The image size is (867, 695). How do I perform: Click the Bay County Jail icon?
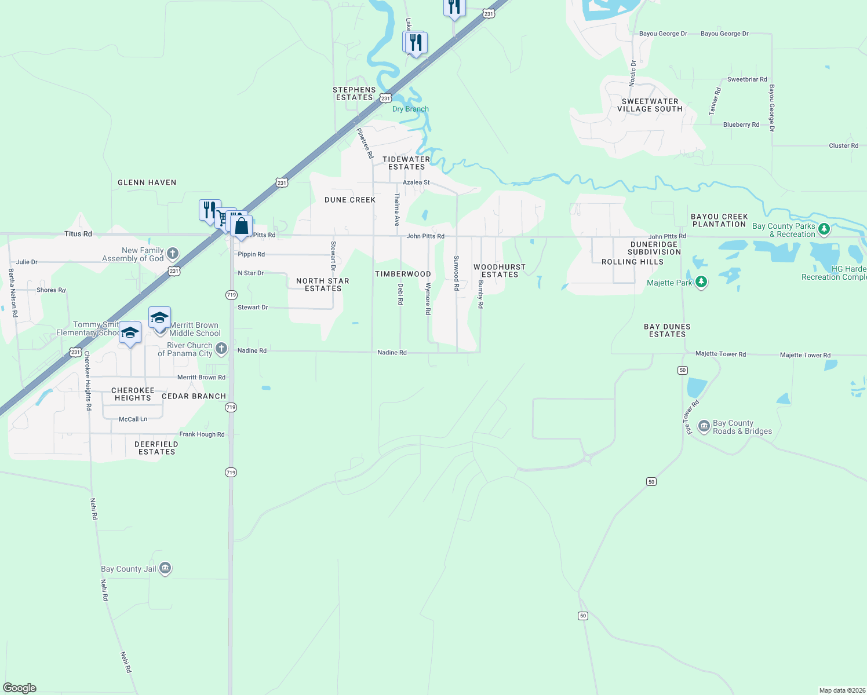165,568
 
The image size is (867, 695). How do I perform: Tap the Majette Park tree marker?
701,282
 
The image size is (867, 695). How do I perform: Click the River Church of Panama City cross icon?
221,349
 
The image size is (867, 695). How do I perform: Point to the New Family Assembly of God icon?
172,254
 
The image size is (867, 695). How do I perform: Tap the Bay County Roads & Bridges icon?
704,427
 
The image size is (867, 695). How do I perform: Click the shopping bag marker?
241,226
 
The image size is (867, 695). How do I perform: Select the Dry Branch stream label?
410,109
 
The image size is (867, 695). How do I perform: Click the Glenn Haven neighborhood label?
147,182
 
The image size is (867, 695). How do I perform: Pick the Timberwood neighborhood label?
403,274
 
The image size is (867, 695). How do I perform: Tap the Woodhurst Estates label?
500,270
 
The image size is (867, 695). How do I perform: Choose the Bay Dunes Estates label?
667,330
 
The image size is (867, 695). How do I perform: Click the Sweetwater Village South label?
650,105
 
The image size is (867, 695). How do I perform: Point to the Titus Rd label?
78,234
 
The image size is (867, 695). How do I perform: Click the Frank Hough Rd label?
202,434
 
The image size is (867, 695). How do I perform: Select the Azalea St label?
416,182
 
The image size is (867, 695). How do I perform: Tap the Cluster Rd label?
843,146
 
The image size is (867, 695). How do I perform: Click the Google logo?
20,688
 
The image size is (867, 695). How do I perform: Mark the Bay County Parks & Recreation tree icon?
824,229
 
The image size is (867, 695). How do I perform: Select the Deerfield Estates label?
156,448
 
